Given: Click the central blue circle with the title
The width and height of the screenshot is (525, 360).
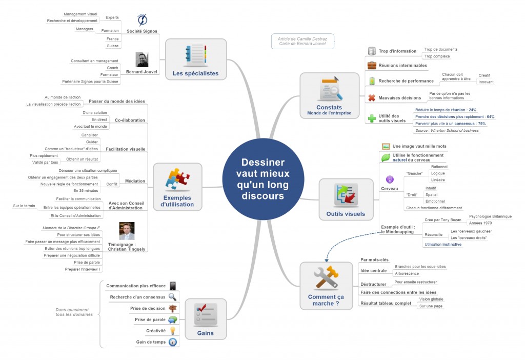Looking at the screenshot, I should (x=262, y=179).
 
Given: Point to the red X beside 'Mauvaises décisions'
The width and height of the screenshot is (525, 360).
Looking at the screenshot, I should (x=372, y=98).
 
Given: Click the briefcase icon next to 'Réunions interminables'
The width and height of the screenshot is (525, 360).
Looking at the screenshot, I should (x=372, y=65).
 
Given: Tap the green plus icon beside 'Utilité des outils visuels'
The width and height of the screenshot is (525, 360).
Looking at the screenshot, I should (x=372, y=118).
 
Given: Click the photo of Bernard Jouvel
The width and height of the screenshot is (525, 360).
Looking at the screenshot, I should (x=142, y=60).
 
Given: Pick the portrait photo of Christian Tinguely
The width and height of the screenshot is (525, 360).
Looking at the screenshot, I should (x=127, y=231).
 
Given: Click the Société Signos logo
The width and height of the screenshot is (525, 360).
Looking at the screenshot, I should (x=143, y=20).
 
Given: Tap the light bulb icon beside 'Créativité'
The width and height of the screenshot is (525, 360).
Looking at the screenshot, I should (x=173, y=331).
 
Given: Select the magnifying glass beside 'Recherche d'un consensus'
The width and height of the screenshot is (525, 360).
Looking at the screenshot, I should (x=173, y=297).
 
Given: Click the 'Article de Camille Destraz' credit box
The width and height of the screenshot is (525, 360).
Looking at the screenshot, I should (x=302, y=42).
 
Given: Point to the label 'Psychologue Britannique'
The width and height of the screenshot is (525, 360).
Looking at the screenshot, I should (x=490, y=216).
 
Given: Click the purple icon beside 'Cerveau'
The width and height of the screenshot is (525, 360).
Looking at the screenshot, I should (x=389, y=179).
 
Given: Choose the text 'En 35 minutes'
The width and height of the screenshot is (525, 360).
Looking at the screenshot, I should (x=86, y=190).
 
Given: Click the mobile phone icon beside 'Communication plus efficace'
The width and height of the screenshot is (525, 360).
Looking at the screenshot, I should (x=173, y=286).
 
